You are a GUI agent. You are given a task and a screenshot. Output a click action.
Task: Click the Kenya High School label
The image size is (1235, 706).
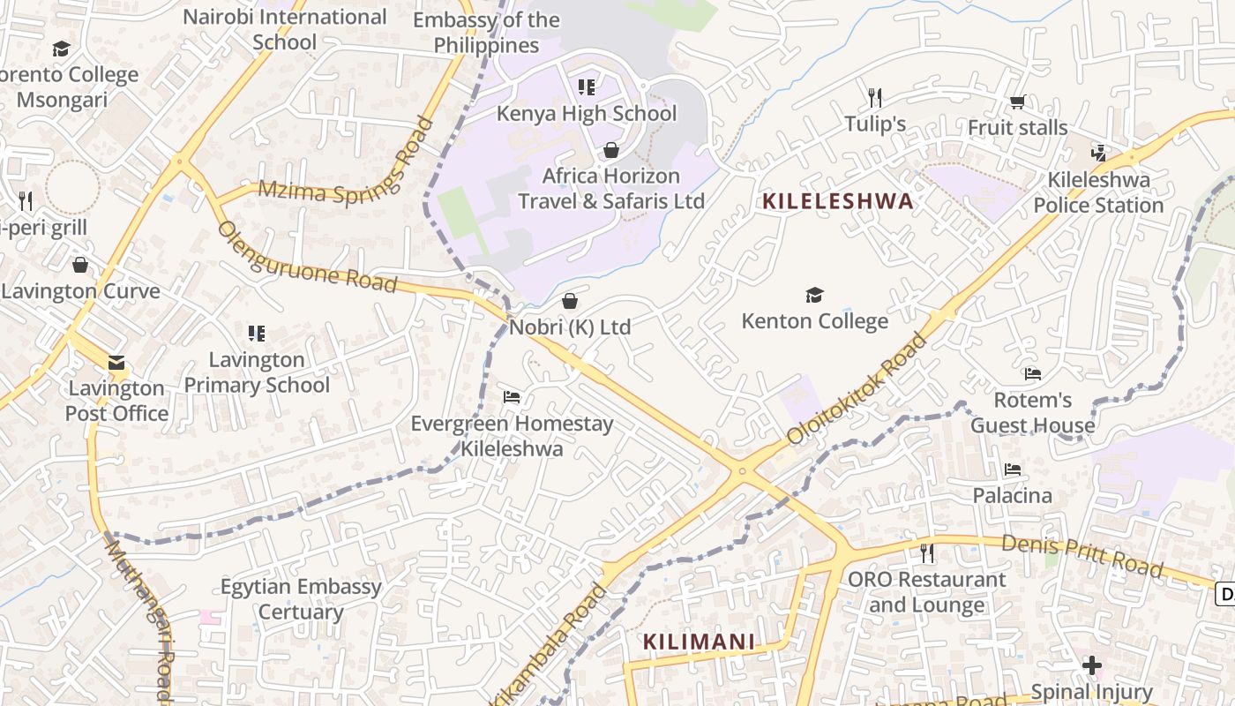click(587, 114)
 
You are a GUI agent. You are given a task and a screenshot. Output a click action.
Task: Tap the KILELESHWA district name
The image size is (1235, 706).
click(837, 201)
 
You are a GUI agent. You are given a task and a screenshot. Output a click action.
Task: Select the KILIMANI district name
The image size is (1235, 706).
click(699, 642)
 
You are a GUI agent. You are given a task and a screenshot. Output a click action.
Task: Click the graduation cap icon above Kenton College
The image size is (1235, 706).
click(814, 296)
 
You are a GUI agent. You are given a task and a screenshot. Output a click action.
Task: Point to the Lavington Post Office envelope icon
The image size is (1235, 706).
click(116, 363)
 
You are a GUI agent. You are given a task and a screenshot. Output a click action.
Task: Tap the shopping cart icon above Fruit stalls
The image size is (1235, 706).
click(1017, 102)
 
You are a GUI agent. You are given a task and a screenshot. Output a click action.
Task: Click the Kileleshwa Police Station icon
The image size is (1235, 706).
click(1098, 154)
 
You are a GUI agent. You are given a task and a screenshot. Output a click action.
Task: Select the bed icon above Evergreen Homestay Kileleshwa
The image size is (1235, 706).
click(511, 397)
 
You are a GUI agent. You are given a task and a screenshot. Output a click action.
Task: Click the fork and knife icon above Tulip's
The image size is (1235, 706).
click(874, 98)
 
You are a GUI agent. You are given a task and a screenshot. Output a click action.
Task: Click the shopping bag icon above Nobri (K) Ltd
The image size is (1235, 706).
click(570, 302)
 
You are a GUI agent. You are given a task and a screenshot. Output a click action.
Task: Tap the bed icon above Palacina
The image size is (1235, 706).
click(1012, 469)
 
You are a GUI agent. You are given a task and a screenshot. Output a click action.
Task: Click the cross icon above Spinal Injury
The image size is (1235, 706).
click(1092, 665)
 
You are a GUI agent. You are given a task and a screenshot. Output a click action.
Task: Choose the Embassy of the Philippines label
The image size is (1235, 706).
click(486, 33)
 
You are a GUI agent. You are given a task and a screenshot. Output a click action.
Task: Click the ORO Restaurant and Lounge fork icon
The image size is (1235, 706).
click(926, 553)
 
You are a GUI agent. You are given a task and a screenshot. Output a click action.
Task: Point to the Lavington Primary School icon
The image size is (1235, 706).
click(257, 334)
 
